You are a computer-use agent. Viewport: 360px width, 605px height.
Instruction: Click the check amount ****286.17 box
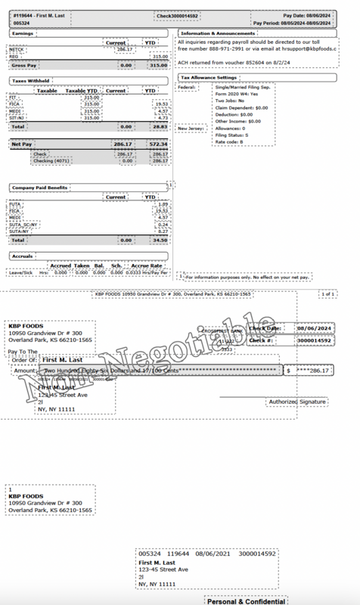tap(318, 371)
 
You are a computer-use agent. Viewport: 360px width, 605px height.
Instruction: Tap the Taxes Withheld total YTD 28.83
tap(160, 126)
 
